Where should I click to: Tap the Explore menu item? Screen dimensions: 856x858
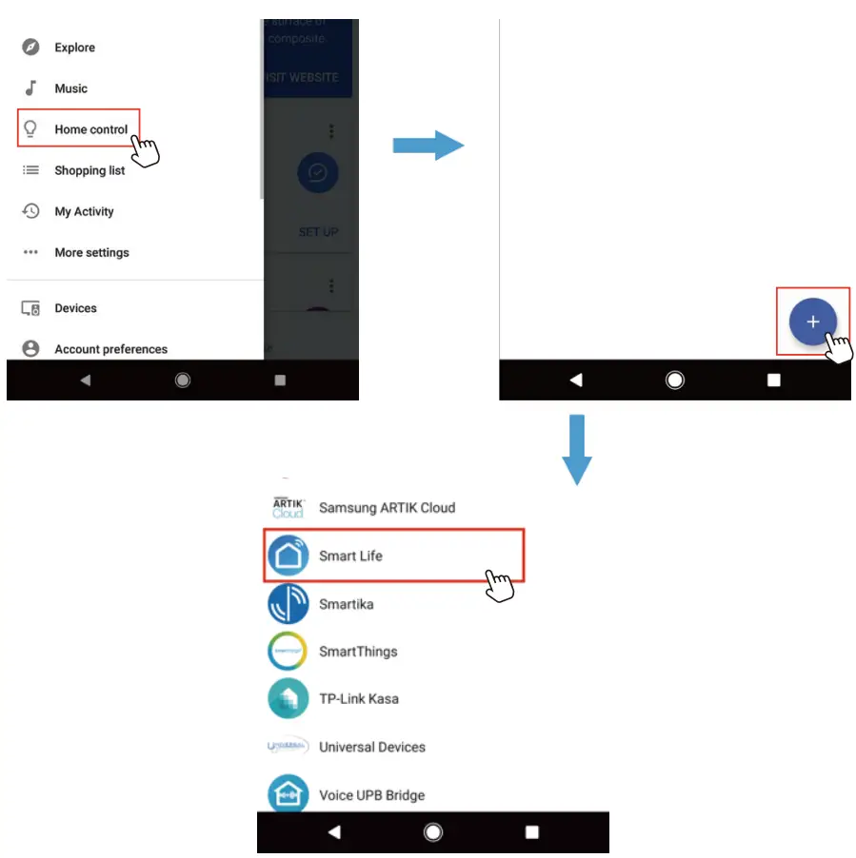74,48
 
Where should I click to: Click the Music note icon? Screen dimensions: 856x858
31,88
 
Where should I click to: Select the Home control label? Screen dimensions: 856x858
90,129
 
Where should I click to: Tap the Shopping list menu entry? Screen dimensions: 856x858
90,170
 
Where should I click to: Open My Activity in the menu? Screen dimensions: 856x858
84,211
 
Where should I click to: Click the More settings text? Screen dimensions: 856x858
91,252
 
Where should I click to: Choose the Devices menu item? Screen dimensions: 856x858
75,308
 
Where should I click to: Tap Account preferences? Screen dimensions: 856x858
110,349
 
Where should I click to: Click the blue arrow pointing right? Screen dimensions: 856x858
428,146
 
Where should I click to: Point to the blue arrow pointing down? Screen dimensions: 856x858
576,449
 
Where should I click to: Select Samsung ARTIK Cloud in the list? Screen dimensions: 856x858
387,507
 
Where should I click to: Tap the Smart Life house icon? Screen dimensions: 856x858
288,556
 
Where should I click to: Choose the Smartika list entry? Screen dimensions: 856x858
346,604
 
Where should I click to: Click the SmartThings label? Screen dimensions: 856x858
358,652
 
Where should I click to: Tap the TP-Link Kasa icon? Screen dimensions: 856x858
288,699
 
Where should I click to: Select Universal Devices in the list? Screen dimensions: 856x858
371,747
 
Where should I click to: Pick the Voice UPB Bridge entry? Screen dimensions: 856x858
371,794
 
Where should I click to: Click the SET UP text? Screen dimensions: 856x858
318,231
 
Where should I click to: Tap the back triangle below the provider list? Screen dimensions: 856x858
334,832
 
